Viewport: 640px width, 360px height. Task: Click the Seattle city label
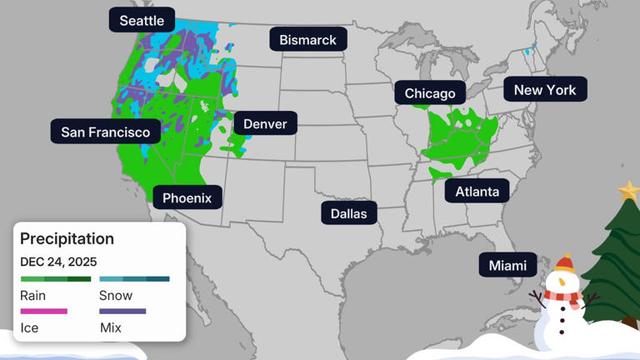pyautogui.click(x=142, y=20)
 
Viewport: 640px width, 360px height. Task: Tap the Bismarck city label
pyautogui.click(x=307, y=39)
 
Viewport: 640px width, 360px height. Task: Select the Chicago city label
pyautogui.click(x=430, y=93)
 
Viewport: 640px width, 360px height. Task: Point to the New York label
pyautogui.click(x=545, y=89)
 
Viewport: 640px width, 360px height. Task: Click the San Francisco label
pyautogui.click(x=106, y=132)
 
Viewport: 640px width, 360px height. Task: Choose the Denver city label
pyautogui.click(x=265, y=124)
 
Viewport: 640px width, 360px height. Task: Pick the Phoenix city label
pyautogui.click(x=187, y=197)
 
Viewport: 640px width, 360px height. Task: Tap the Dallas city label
pyautogui.click(x=348, y=213)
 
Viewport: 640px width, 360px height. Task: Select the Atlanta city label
pyautogui.click(x=477, y=192)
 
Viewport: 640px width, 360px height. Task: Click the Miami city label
pyautogui.click(x=507, y=265)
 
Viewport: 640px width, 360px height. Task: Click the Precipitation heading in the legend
pyautogui.click(x=67, y=238)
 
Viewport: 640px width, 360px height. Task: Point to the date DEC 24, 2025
pyautogui.click(x=58, y=262)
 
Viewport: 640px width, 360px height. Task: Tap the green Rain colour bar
pyautogui.click(x=56, y=279)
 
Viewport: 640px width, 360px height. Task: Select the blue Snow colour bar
pyautogui.click(x=134, y=279)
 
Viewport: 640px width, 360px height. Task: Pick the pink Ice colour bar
pyautogui.click(x=43, y=312)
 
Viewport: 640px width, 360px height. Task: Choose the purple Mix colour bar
pyautogui.click(x=122, y=312)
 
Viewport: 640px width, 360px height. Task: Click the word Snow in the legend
pyautogui.click(x=116, y=295)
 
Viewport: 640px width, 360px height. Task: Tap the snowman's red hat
pyautogui.click(x=565, y=264)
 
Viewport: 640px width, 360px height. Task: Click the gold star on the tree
pyautogui.click(x=629, y=192)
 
